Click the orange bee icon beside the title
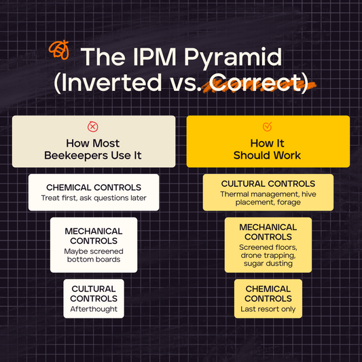[x=60, y=50]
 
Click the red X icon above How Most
[x=93, y=126]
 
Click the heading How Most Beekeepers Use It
[x=93, y=149]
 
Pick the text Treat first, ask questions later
[x=93, y=198]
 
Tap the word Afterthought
[x=94, y=309]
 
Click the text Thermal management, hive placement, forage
[x=268, y=198]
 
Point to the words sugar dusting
[x=268, y=263]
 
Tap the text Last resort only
[x=268, y=310]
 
